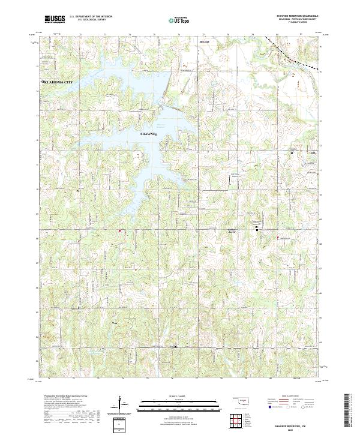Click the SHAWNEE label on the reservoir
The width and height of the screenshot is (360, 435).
coord(148,134)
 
